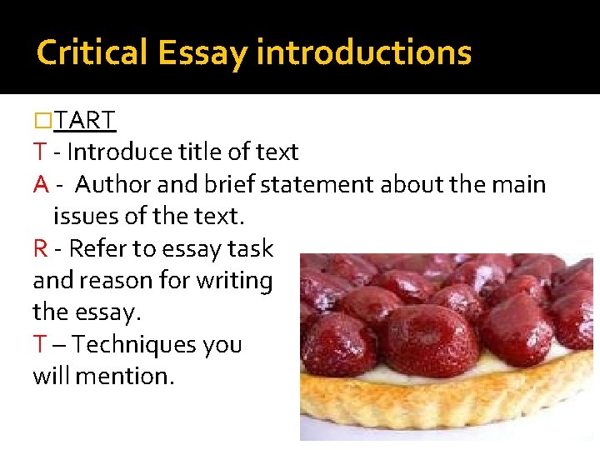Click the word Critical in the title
click(91, 52)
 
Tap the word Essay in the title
click(200, 52)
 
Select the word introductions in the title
click(364, 52)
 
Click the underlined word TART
click(85, 121)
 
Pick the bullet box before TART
click(42, 122)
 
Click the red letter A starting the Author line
click(41, 184)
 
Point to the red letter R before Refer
click(40, 249)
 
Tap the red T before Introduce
click(39, 152)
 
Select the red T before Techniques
click(39, 345)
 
